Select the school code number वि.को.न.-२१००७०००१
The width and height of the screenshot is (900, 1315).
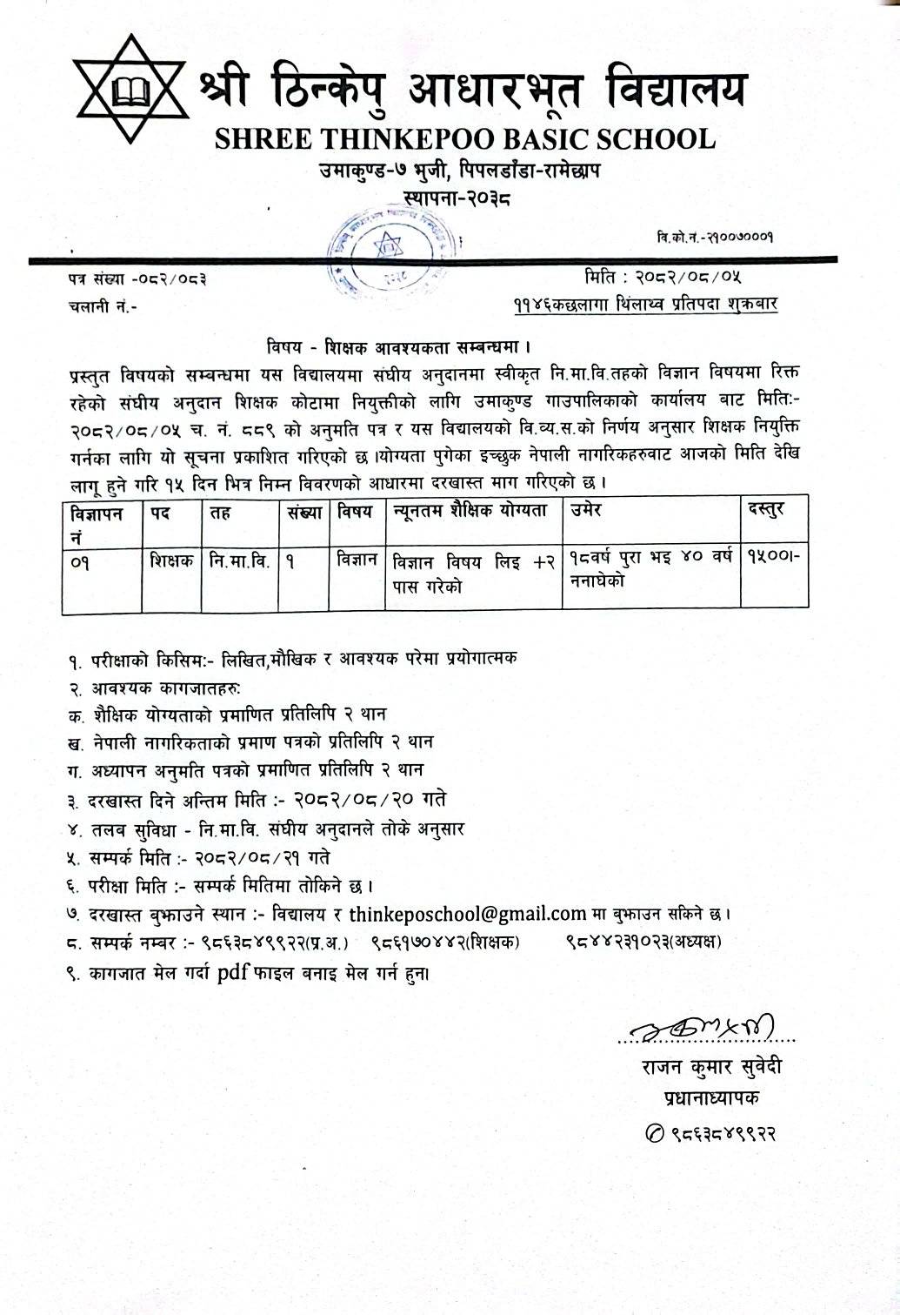(716, 236)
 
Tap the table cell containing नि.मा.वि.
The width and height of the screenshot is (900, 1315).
(239, 562)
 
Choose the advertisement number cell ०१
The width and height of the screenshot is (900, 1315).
(81, 562)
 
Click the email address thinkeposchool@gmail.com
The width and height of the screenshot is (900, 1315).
(468, 914)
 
